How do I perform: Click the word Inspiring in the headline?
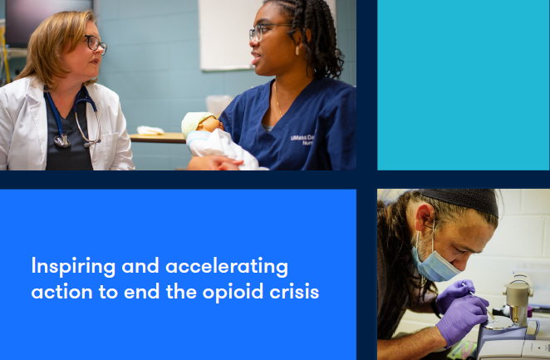coord(73,266)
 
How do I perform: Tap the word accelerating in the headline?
coord(227,266)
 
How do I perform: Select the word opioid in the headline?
coord(233,293)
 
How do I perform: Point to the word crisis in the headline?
coord(294,292)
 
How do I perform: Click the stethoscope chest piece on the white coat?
coord(62,141)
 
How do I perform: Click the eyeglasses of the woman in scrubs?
coord(268,31)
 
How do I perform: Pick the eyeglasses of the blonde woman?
coord(95,44)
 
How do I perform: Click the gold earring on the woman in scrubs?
coord(297,50)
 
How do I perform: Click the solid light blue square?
coord(464,85)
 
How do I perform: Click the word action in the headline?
coord(61,293)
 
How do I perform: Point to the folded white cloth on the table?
coord(150,131)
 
